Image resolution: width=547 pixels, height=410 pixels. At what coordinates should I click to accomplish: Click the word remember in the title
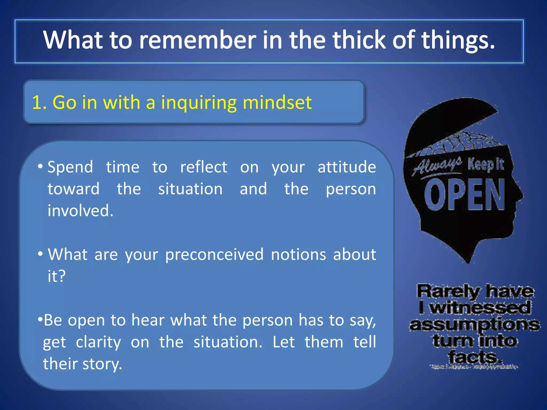[x=197, y=40]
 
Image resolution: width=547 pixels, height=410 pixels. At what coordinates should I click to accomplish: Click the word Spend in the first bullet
[x=70, y=167]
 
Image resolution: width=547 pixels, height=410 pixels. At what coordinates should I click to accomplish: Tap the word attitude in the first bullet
[x=347, y=167]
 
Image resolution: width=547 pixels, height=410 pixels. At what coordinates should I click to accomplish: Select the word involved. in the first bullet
[x=80, y=211]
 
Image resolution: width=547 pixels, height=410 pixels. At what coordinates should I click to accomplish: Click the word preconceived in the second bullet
[x=214, y=254]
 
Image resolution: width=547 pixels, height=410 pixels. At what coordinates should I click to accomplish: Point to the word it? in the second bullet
[x=56, y=276]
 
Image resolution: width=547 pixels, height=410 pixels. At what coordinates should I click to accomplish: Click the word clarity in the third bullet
[x=98, y=342]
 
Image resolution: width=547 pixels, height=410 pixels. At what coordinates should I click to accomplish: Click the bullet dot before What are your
[x=40, y=254]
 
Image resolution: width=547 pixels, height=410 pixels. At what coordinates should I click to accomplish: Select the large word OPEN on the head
[x=465, y=194]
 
